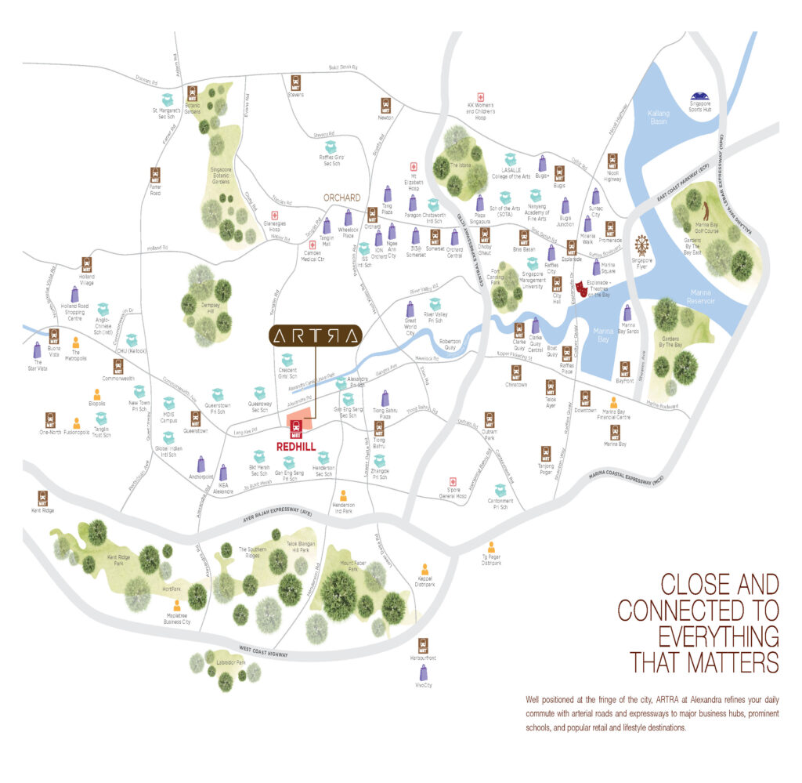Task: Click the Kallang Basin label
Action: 659,118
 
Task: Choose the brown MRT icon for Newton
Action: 385,105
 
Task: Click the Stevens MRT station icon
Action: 295,82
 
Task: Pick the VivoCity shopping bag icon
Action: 424,672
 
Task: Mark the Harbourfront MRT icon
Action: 424,645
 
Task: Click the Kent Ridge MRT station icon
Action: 42,498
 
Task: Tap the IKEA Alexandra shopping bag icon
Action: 223,473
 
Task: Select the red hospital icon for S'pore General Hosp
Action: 451,483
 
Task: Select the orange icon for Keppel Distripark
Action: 424,569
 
